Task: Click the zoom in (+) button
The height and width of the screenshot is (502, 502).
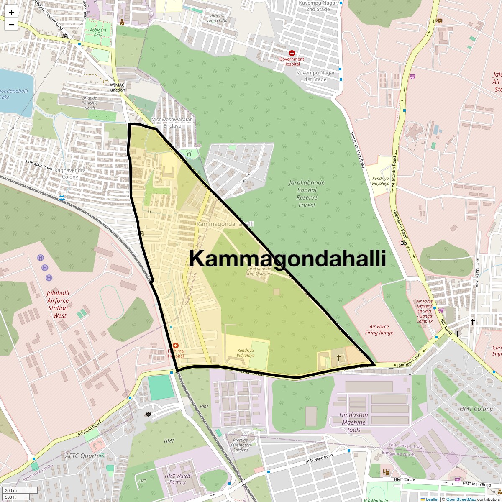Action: point(11,12)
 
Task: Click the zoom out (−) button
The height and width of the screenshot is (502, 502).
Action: point(11,25)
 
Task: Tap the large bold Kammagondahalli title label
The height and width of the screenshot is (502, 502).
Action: point(287,259)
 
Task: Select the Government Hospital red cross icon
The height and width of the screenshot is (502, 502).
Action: point(292,54)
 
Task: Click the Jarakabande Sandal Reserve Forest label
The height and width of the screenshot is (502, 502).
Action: point(307,194)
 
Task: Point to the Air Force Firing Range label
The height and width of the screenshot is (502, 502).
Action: point(379,330)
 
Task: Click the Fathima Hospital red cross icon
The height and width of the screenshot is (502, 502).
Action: point(176,346)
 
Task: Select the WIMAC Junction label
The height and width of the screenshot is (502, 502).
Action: point(117,87)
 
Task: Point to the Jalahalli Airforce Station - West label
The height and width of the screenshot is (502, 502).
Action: point(58,304)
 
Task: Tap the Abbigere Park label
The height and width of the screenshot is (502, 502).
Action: point(98,33)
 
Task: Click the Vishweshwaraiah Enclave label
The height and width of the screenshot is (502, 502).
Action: point(172,123)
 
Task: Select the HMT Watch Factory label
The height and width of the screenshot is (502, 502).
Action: point(177,479)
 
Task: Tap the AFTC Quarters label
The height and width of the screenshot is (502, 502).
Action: point(85,456)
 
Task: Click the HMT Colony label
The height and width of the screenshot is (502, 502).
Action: point(476,409)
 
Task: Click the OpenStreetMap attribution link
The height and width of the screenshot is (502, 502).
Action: point(461,499)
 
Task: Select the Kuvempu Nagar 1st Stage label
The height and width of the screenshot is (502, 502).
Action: point(316,76)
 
